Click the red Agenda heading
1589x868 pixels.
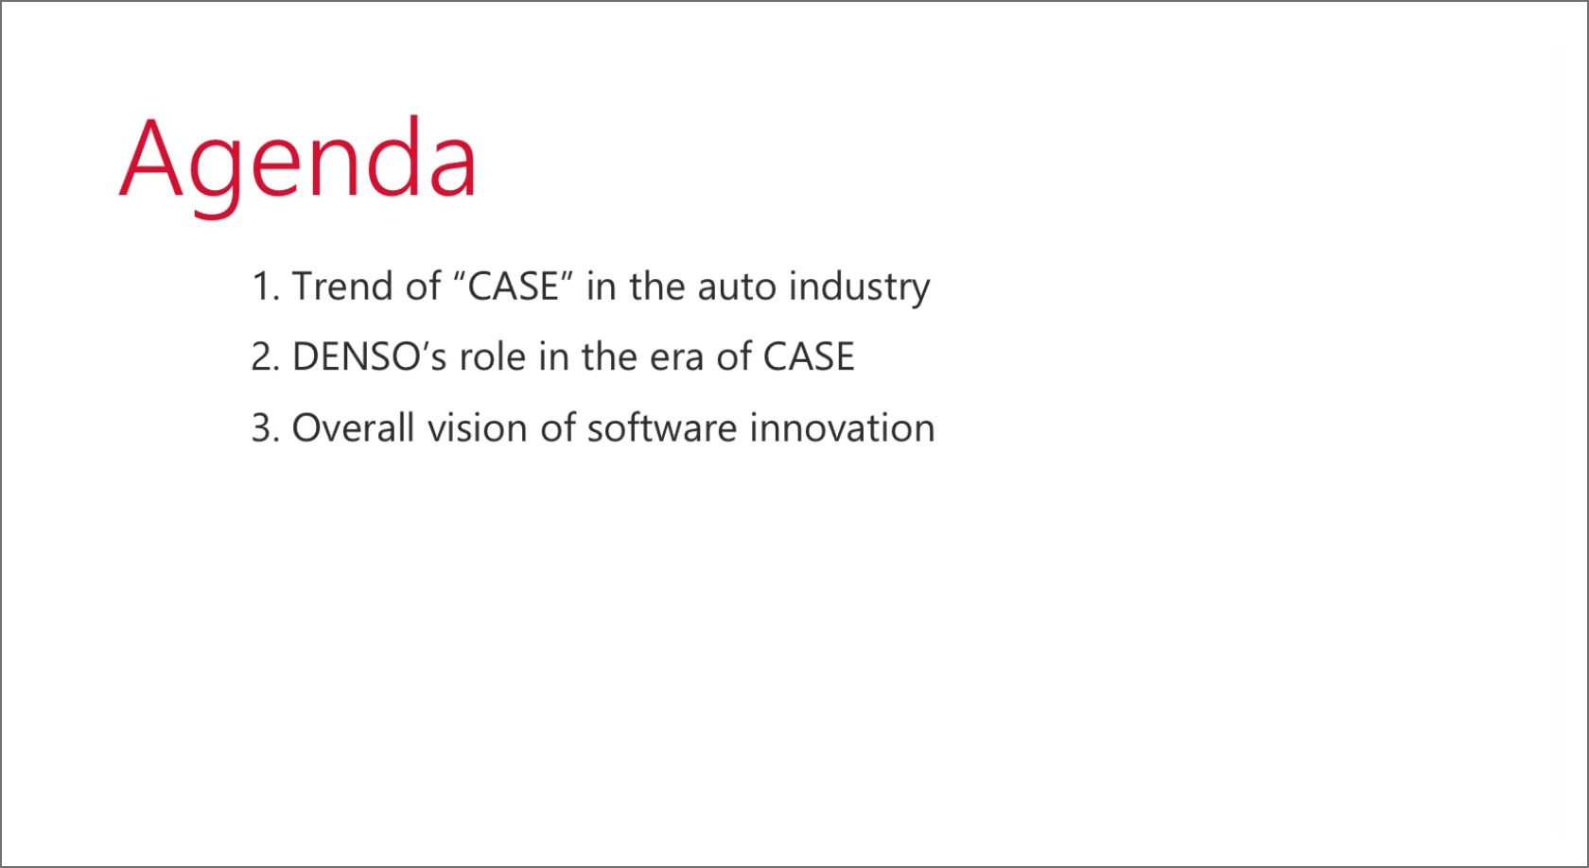tap(298, 165)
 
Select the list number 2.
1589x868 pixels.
tap(265, 356)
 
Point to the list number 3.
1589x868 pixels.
tap(265, 428)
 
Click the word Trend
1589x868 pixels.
tap(342, 286)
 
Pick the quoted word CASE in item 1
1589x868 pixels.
tap(513, 286)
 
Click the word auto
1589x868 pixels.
tap(737, 287)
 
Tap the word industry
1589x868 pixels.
tap(859, 287)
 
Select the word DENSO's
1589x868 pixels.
tap(370, 356)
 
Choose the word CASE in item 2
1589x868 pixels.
tap(809, 356)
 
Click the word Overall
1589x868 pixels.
tap(353, 427)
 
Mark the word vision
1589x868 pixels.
tap(478, 427)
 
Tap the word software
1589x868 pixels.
tap(662, 427)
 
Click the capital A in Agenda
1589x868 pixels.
tap(151, 157)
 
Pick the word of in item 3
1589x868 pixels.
tap(558, 427)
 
